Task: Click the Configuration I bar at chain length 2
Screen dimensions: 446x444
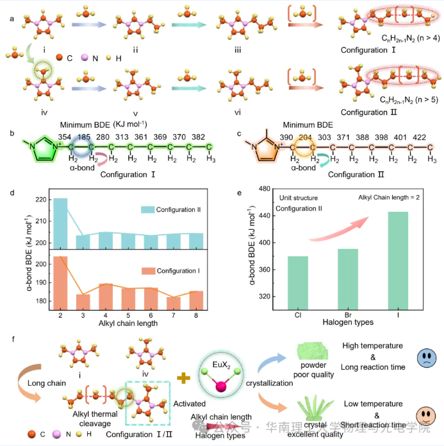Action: click(x=60, y=282)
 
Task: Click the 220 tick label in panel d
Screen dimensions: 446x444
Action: click(x=42, y=200)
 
